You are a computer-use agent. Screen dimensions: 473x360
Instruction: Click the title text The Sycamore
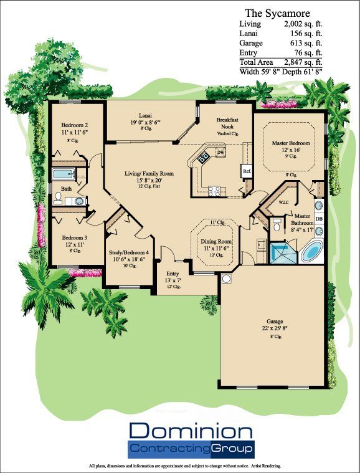(277, 12)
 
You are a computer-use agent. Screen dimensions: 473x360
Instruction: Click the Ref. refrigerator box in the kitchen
(247, 170)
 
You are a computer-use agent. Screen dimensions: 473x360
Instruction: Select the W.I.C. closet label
(283, 202)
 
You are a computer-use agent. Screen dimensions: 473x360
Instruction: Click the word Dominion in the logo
(191, 431)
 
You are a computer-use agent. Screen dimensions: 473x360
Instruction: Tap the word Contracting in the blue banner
(169, 448)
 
